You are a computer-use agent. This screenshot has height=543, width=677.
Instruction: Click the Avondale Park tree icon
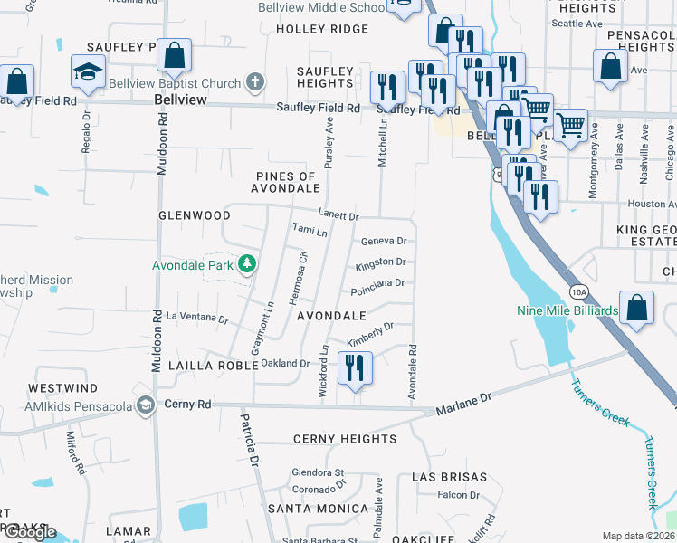click(246, 265)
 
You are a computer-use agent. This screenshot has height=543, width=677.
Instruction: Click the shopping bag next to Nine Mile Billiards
click(637, 308)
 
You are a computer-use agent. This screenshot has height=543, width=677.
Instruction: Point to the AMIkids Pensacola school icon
click(145, 404)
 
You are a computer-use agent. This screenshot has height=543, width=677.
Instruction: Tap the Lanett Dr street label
click(340, 217)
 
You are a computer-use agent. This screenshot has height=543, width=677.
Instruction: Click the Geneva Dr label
click(384, 242)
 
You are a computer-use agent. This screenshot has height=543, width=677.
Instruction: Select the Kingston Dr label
click(380, 262)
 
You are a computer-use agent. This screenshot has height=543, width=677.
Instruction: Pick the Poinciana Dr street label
click(377, 283)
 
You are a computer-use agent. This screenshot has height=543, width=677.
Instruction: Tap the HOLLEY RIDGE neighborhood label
click(310, 29)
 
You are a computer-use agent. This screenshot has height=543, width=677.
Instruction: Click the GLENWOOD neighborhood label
click(195, 215)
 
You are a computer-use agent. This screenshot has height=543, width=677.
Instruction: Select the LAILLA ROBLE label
click(207, 365)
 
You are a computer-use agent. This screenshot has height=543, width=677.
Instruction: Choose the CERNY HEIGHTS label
click(345, 439)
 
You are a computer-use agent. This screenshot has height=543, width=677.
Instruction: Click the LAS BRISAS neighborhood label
click(449, 476)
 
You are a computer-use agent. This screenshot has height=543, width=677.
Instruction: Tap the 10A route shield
click(579, 291)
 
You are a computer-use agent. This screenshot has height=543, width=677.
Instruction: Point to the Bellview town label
click(181, 100)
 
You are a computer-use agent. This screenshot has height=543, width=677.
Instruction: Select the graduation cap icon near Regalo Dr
click(88, 71)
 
